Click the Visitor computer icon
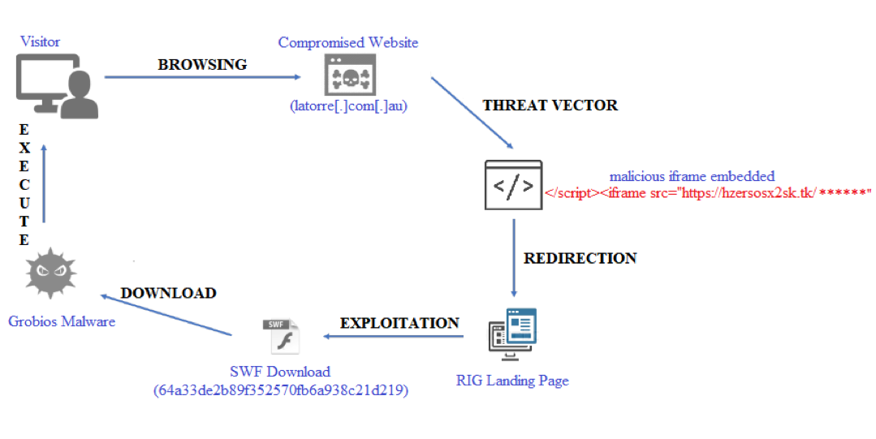point(56,84)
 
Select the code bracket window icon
point(513,186)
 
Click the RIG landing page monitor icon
point(512,332)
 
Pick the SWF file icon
point(281,335)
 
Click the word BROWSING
point(202,64)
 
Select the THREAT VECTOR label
point(550,105)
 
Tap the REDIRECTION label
point(580,258)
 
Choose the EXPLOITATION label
point(399,323)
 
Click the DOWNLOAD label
point(169,293)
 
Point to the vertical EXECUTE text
point(24,185)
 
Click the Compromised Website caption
point(348,42)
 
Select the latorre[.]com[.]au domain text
point(347,105)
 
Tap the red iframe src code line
point(706,193)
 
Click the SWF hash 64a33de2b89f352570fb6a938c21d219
point(281,390)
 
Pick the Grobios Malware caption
point(62,321)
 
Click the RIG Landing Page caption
point(512,380)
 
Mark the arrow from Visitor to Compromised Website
point(203,78)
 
